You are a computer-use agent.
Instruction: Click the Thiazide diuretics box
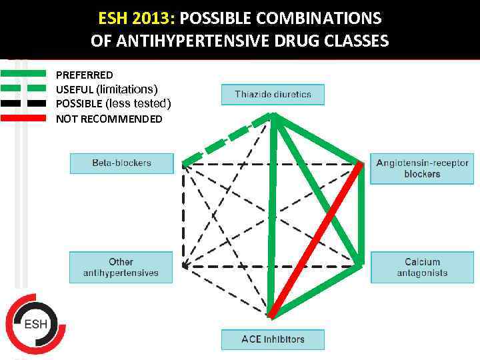click(x=273, y=95)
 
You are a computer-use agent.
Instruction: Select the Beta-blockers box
click(x=121, y=163)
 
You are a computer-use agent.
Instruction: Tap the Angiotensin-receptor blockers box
click(x=422, y=169)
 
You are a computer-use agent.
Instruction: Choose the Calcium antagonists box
click(x=422, y=267)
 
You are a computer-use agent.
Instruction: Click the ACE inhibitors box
click(x=273, y=339)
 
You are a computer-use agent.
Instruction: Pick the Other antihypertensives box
click(x=121, y=267)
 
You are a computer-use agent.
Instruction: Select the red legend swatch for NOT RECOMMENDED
click(x=23, y=118)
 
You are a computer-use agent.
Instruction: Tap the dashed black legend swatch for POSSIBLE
click(x=23, y=103)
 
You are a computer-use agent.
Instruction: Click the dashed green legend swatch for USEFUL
click(x=23, y=89)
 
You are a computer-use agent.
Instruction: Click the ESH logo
click(x=35, y=324)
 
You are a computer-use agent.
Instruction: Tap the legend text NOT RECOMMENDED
click(x=109, y=119)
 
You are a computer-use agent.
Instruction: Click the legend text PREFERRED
click(x=84, y=75)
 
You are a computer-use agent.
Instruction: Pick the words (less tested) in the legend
click(x=139, y=103)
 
